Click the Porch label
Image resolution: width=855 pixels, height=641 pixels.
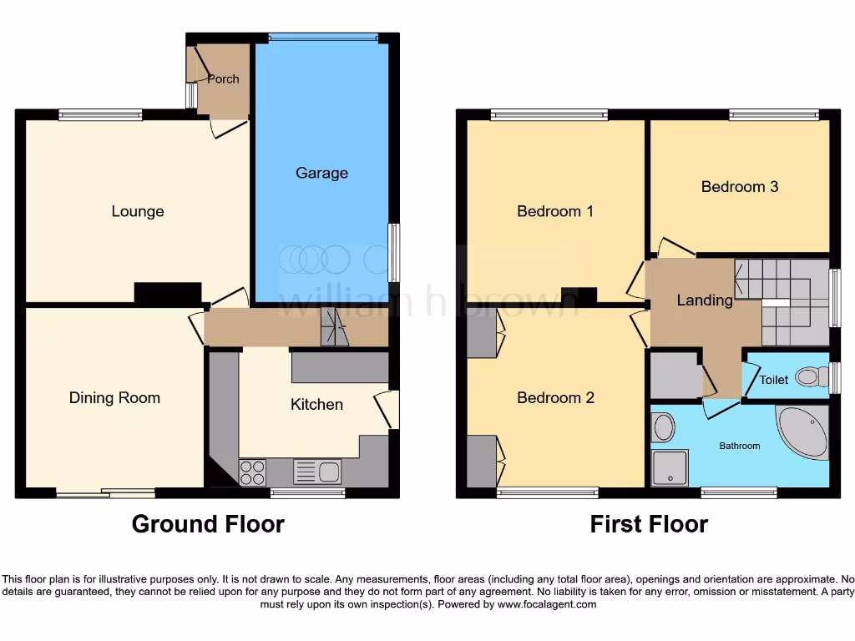[x=223, y=79]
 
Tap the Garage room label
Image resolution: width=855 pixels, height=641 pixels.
[x=321, y=173]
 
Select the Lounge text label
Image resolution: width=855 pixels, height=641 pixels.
[x=138, y=211]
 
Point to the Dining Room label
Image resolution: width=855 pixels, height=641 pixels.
[x=114, y=397]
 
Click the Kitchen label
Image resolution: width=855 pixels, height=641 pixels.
[x=316, y=404]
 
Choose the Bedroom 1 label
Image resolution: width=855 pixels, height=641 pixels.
[x=555, y=211]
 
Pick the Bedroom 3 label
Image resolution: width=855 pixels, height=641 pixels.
[x=740, y=186]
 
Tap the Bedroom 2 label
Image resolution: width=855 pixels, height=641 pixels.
[x=555, y=397]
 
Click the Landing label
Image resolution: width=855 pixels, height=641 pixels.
[x=705, y=300]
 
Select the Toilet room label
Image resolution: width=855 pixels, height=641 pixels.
[x=773, y=380]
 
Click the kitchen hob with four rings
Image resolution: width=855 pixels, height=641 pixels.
[x=253, y=473]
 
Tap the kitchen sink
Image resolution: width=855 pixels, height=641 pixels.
[x=316, y=472]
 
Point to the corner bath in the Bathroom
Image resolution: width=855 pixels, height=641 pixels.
[x=803, y=432]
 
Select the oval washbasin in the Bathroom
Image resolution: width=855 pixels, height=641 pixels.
[x=664, y=427]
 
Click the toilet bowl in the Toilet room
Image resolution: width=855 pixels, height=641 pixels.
[x=808, y=377]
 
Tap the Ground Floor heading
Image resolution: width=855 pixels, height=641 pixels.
[x=208, y=524]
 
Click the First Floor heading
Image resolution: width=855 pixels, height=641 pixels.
[x=649, y=524]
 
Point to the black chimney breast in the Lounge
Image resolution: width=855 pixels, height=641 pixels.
[x=168, y=293]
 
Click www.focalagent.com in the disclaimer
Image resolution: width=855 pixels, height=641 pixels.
[x=547, y=604]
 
